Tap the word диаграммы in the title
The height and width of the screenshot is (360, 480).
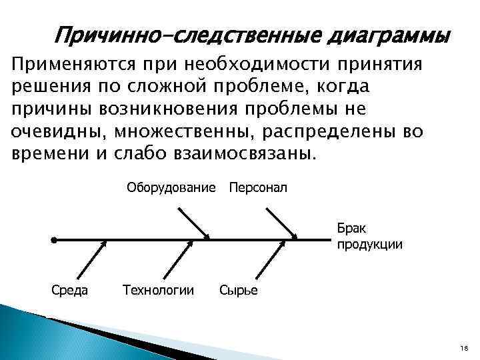click(x=387, y=34)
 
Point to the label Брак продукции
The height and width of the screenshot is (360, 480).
click(x=369, y=235)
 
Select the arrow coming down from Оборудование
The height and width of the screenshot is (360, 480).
click(x=193, y=223)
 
